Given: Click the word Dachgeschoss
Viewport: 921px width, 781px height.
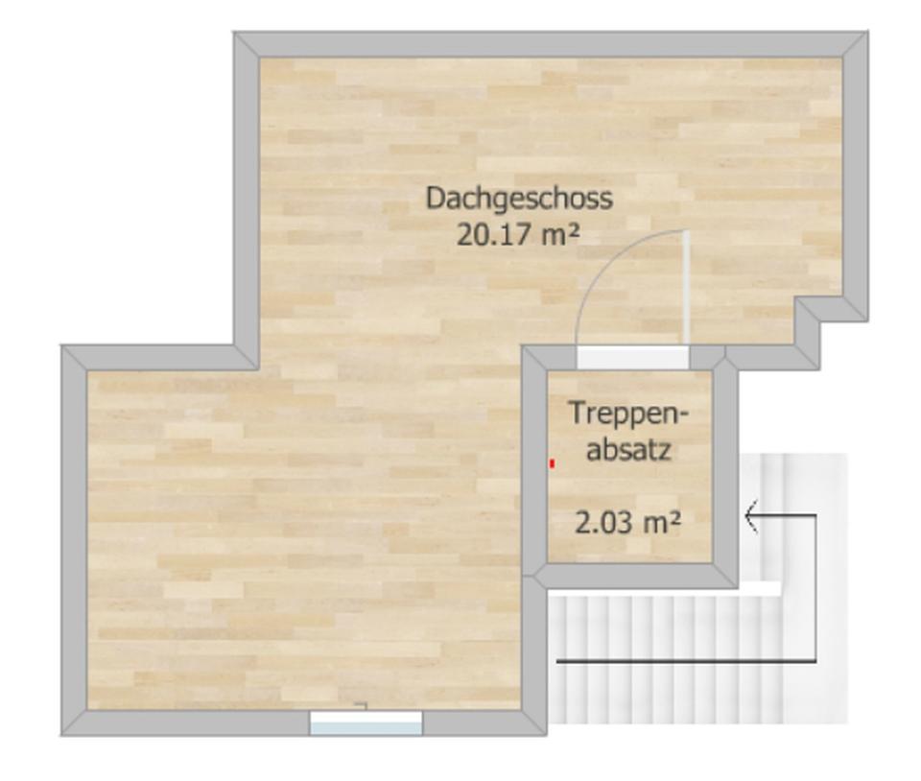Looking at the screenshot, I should click(519, 199).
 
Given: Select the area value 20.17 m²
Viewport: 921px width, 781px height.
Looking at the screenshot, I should click(518, 233).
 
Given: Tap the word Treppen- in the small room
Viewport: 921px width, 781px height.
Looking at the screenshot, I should click(628, 413).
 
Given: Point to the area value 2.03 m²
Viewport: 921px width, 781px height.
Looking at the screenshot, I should click(628, 523).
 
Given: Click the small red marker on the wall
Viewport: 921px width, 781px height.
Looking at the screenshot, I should click(553, 464).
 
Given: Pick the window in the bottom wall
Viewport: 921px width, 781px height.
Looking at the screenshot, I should click(366, 723).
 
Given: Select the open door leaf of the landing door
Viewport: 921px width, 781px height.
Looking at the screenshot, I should click(686, 287).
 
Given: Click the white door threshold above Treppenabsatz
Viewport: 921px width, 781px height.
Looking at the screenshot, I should click(632, 358).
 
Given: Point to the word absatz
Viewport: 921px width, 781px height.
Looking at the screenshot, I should click(628, 449).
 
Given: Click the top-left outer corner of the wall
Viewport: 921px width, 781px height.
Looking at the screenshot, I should click(236, 34).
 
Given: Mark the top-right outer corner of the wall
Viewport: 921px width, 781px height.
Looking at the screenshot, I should click(866, 34).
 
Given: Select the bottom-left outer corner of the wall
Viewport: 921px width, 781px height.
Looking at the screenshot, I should click(63, 734).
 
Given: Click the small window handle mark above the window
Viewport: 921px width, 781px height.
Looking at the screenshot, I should click(362, 706).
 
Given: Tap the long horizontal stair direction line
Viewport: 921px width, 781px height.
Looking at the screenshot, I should click(686, 661).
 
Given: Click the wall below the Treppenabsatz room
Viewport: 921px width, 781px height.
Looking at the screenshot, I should click(633, 575).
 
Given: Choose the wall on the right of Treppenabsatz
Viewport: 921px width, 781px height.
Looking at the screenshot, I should click(725, 470).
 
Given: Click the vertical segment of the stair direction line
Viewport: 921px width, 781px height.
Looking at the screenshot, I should click(815, 587).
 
